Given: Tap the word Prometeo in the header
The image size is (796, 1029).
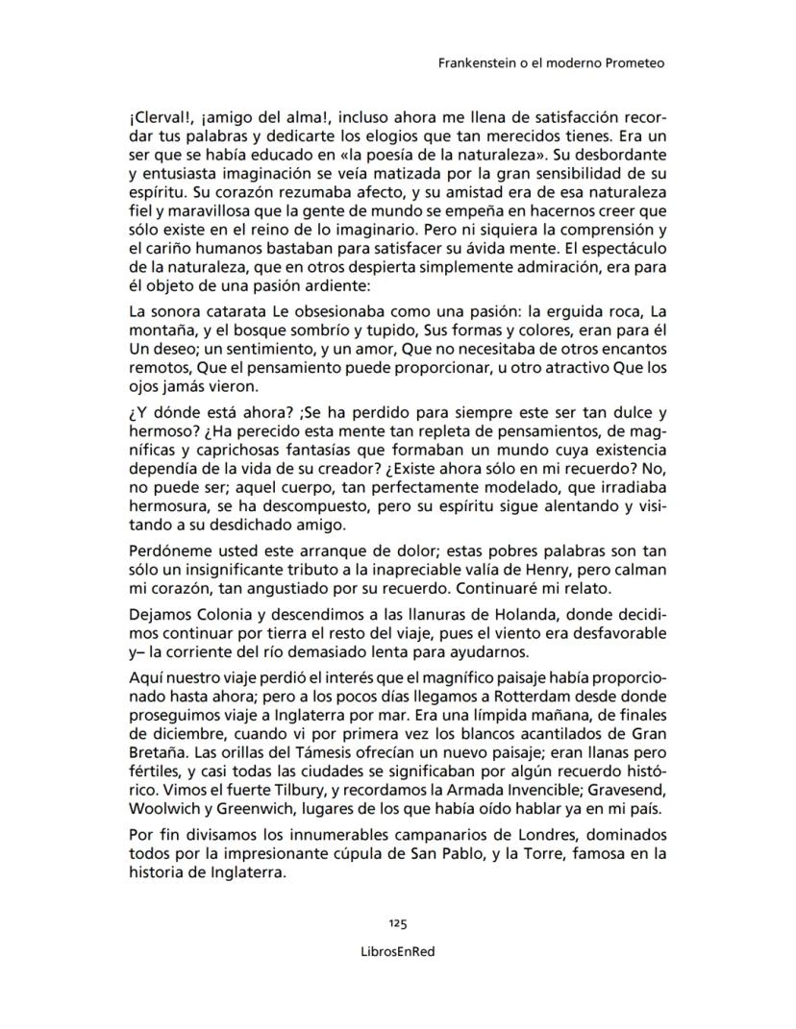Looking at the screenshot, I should click(x=633, y=63).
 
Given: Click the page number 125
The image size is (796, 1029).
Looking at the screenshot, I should click(x=398, y=923).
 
